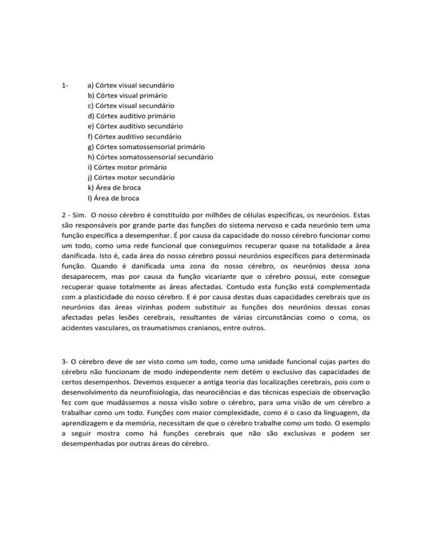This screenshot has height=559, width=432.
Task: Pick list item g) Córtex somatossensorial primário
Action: click(x=146, y=146)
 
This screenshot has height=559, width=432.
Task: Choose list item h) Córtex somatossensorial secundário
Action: click(x=150, y=156)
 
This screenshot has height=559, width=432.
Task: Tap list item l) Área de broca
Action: click(x=112, y=197)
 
